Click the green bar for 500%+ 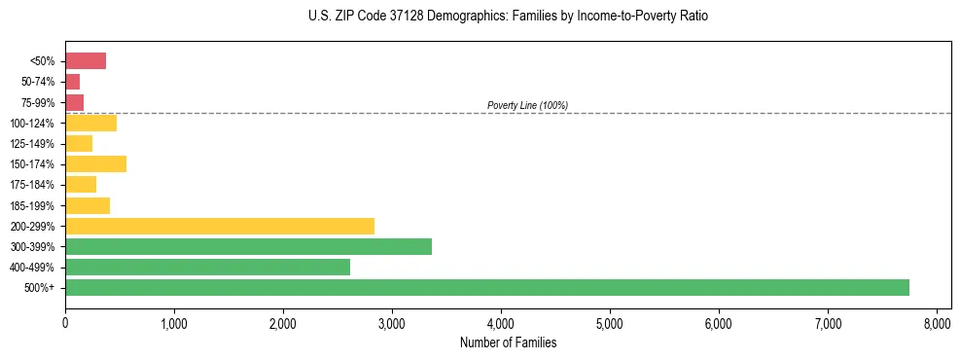[486, 287]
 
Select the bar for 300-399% [248, 246]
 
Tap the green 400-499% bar [207, 267]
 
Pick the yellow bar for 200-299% [220, 226]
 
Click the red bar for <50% [86, 61]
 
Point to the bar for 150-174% [95, 163]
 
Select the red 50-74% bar [73, 82]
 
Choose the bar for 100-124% [90, 123]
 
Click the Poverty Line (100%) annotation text [527, 105]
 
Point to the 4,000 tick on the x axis [501, 322]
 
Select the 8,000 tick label [937, 322]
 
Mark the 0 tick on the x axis [65, 322]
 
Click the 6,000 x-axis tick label [719, 322]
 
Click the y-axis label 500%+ [41, 288]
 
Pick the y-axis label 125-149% [32, 144]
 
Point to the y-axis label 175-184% [32, 185]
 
